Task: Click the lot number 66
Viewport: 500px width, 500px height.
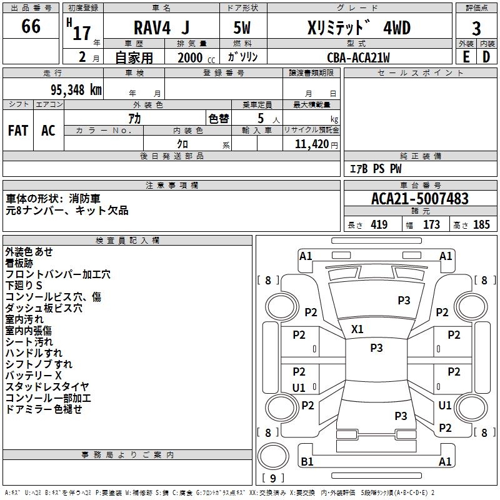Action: click(x=31, y=26)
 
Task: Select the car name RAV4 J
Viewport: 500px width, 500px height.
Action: click(x=161, y=27)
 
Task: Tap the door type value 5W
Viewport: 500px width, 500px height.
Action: click(x=243, y=27)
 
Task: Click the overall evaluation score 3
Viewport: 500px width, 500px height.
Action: click(x=476, y=29)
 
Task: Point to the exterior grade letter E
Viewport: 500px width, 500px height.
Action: click(x=466, y=57)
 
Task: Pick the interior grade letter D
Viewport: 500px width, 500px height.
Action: click(x=486, y=57)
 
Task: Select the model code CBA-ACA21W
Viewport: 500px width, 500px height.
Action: click(x=358, y=57)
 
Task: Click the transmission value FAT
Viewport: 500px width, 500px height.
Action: click(x=18, y=130)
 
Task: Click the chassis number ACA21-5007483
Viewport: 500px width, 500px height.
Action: click(x=419, y=199)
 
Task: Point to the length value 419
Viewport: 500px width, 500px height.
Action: click(x=378, y=225)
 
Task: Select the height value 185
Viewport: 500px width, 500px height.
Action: click(x=481, y=225)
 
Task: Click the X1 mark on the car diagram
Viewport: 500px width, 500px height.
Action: click(x=357, y=329)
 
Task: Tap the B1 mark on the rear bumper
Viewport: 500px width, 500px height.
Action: click(x=307, y=462)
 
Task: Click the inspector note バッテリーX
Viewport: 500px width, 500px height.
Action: click(x=34, y=376)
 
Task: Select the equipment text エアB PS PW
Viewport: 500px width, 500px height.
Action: click(x=375, y=169)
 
